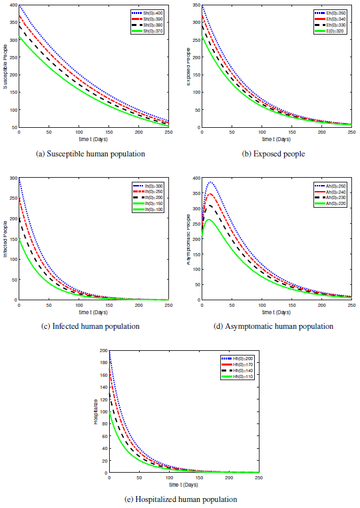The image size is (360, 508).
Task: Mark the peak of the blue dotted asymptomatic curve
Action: click(x=211, y=182)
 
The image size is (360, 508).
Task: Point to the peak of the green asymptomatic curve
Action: click(x=208, y=219)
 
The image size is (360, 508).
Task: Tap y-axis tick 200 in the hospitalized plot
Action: click(x=102, y=350)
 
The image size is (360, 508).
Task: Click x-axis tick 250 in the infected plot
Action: click(x=169, y=305)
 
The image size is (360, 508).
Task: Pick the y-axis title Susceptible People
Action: click(x=5, y=67)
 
